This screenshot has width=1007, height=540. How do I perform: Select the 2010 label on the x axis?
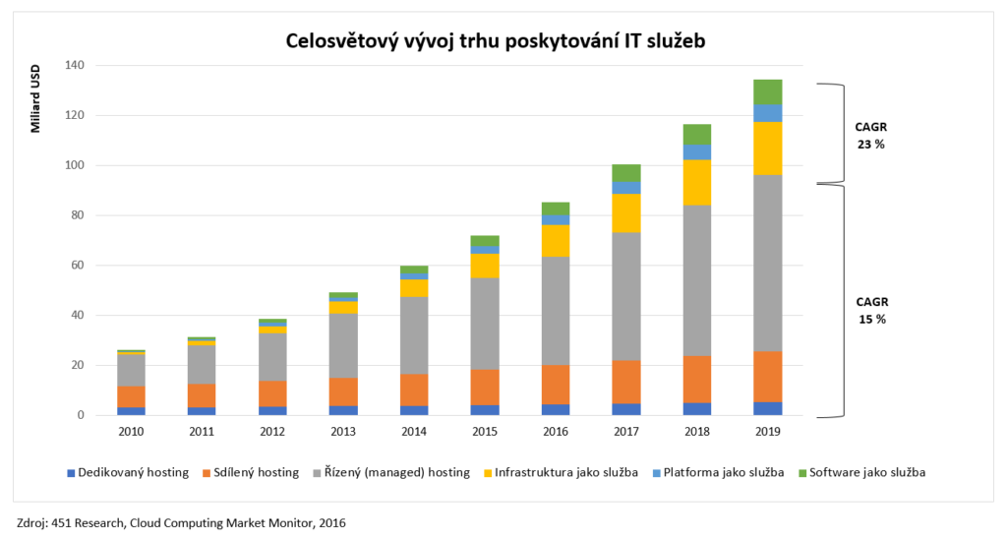(131, 434)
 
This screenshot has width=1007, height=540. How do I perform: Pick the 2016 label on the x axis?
(555, 434)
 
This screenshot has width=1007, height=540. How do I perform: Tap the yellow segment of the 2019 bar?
(767, 149)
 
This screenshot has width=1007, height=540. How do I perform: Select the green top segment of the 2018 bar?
(696, 135)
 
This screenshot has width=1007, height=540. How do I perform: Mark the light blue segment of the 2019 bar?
(767, 113)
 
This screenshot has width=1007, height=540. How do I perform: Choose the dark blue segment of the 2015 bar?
(484, 409)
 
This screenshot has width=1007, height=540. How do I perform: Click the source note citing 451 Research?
(181, 522)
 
